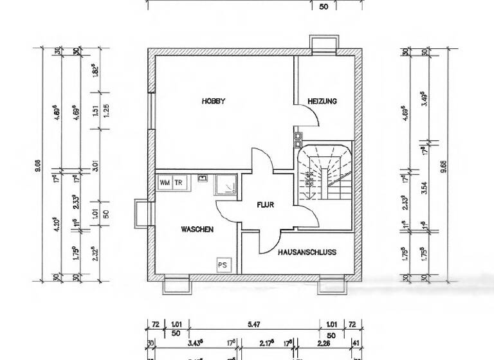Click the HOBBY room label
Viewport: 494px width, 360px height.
pyautogui.click(x=214, y=101)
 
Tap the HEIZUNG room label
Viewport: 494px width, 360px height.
pyautogui.click(x=322, y=102)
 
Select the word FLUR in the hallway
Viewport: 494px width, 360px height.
pyautogui.click(x=266, y=206)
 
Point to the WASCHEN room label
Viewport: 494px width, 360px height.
pyautogui.click(x=197, y=229)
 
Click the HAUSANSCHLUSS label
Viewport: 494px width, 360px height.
pyautogui.click(x=307, y=253)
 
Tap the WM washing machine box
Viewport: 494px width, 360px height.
pyautogui.click(x=164, y=183)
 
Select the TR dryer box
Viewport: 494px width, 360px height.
pyautogui.click(x=178, y=183)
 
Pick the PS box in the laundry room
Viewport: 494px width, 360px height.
pyautogui.click(x=223, y=264)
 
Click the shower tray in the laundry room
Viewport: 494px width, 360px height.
pyautogui.click(x=226, y=185)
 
